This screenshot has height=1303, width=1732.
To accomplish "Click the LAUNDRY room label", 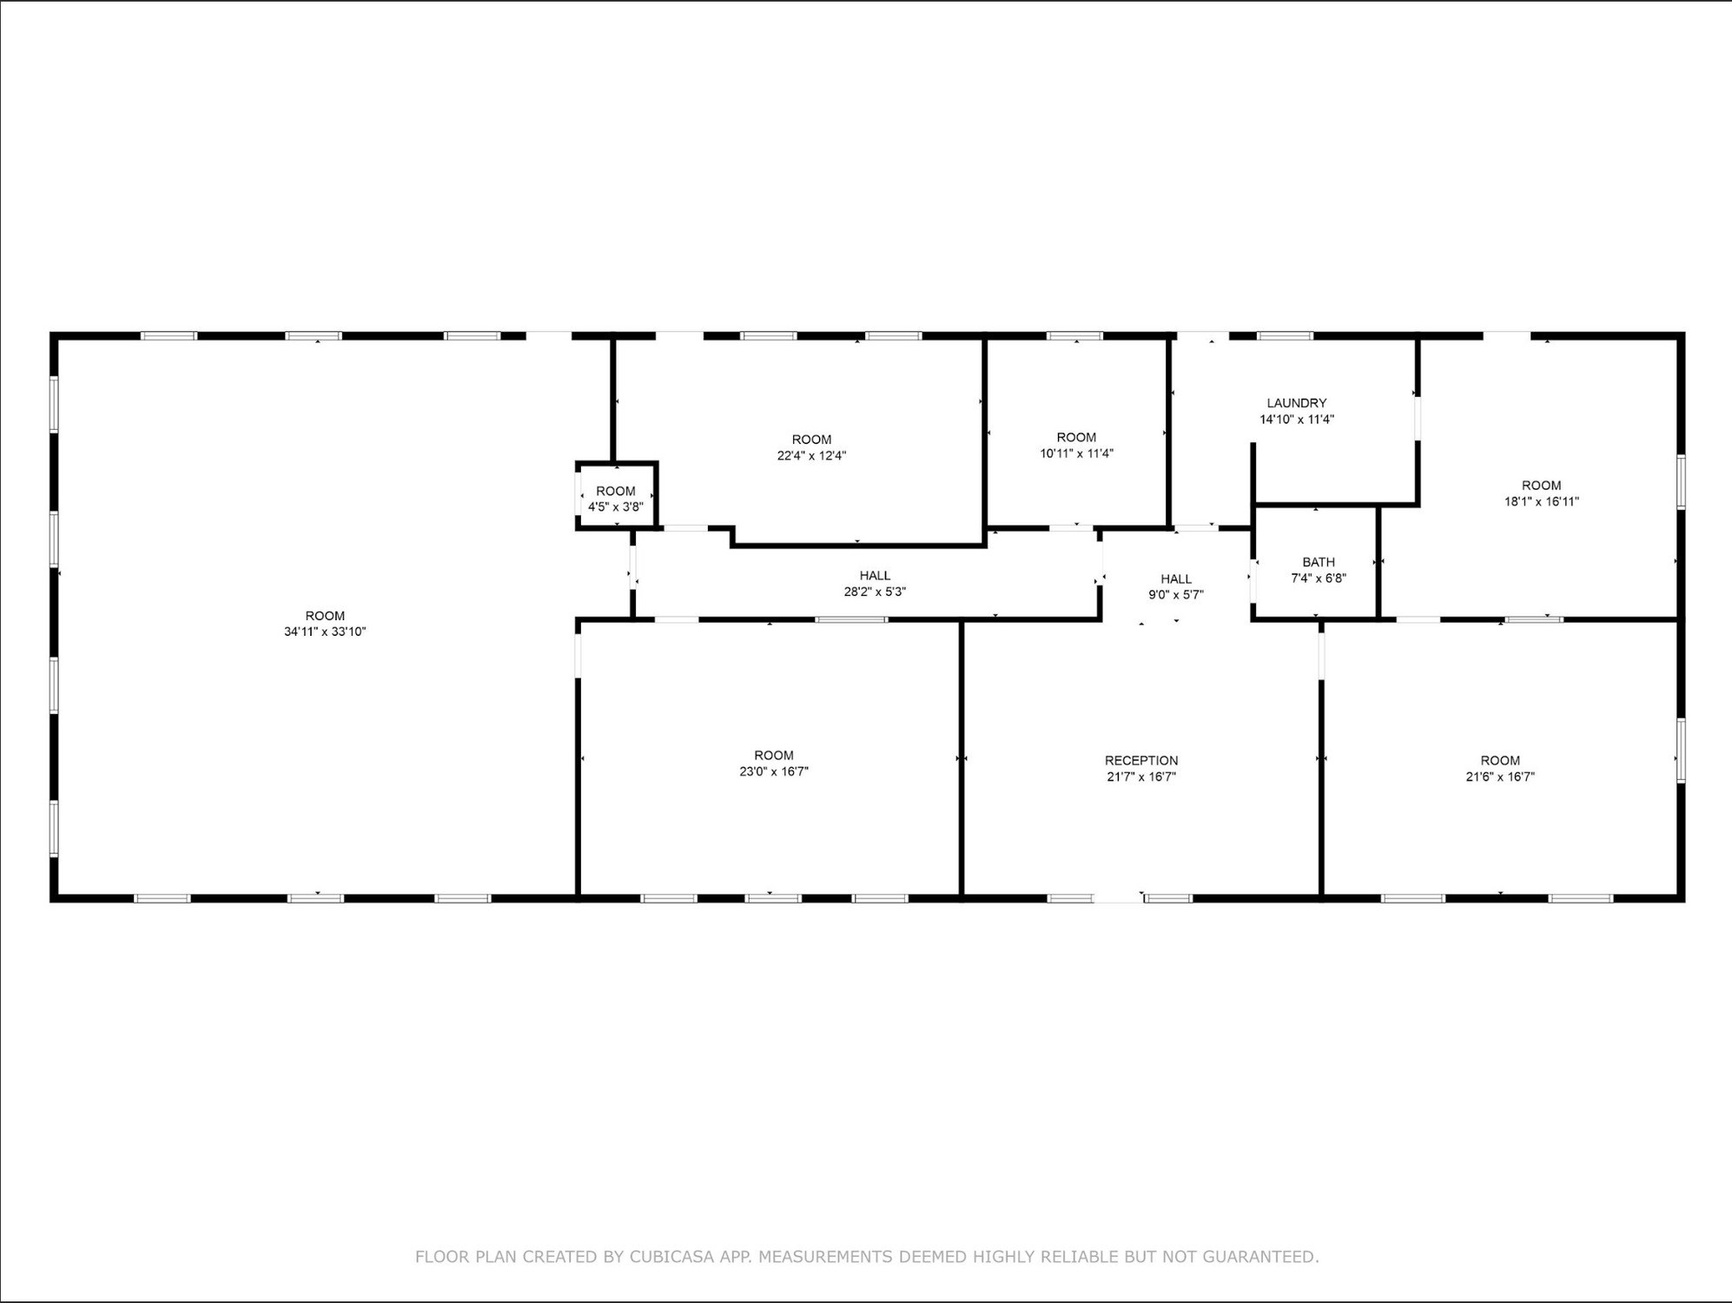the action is coord(1296,403).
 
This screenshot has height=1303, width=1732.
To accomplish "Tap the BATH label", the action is coord(1319,562).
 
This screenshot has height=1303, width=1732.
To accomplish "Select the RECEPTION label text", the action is coord(1141,760).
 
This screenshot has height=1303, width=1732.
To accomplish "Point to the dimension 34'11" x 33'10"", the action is coord(325,632).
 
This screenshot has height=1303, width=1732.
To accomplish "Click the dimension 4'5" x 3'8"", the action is coord(616,506).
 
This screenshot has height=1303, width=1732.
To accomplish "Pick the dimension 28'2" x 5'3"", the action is coord(875,592).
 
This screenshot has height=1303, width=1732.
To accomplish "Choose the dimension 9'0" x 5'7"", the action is coord(1176,595).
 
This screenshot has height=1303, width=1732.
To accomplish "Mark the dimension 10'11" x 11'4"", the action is coord(1076,453).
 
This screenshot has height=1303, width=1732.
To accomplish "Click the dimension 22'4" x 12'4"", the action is coord(811,455).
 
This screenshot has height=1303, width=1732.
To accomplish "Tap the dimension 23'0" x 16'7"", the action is coord(774,771).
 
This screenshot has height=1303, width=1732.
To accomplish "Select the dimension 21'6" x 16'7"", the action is coord(1500,777).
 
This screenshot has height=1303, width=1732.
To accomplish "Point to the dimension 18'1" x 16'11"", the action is coord(1542,501).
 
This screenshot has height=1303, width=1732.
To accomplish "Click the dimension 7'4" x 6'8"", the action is coord(1319,578).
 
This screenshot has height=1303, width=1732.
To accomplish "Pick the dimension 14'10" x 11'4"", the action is coord(1297,420).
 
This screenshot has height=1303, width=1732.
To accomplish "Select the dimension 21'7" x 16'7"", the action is coord(1141,777).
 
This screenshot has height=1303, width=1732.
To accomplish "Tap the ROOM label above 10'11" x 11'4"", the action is coord(1076,438).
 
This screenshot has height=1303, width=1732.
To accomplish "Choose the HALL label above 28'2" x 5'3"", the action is coord(875,575).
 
